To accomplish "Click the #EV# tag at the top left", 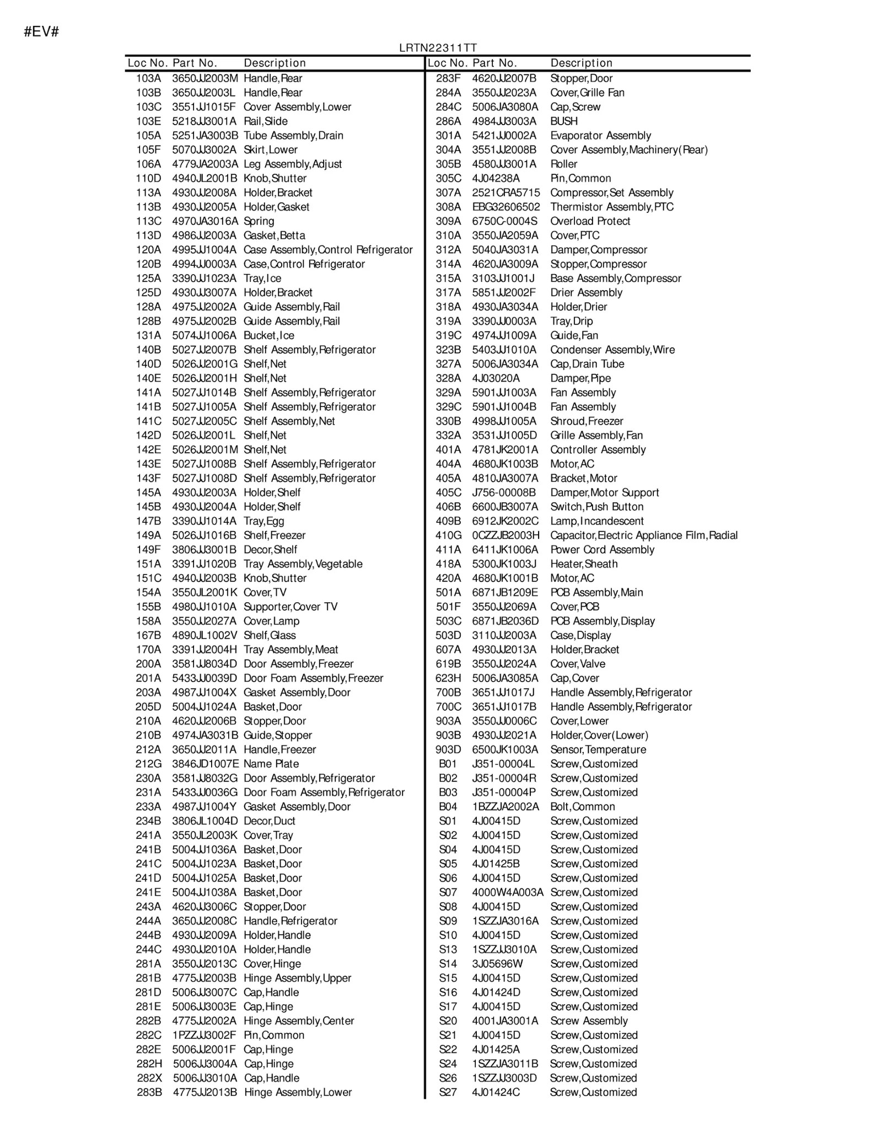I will pyautogui.click(x=41, y=32).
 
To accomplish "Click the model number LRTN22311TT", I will pyautogui.click(x=438, y=49).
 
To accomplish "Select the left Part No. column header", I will pyautogui.click(x=195, y=63).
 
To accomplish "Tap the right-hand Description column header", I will pyautogui.click(x=582, y=63).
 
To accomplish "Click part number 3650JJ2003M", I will pyautogui.click(x=205, y=78).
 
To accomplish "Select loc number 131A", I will pyautogui.click(x=148, y=335).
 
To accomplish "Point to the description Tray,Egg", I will pyautogui.click(x=263, y=521).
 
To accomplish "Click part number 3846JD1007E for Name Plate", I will pyautogui.click(x=205, y=764).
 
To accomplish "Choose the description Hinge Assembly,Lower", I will pyautogui.click(x=298, y=1092).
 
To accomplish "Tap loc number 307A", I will pyautogui.click(x=448, y=192).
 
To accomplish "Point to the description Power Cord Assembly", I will pyautogui.click(x=602, y=550).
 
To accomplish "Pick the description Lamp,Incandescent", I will pyautogui.click(x=597, y=521).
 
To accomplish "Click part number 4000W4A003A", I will pyautogui.click(x=507, y=892).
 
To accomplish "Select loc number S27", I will pyautogui.click(x=448, y=1092).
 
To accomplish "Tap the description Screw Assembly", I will pyautogui.click(x=589, y=1021).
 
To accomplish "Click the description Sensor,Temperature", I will pyautogui.click(x=598, y=749).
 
